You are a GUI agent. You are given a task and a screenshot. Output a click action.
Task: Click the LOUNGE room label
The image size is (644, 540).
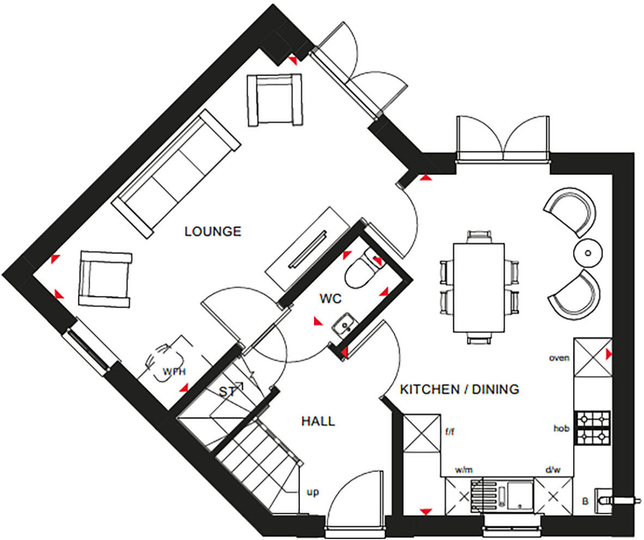[213, 231]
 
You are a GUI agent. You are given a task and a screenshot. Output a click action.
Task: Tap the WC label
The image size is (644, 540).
[330, 298]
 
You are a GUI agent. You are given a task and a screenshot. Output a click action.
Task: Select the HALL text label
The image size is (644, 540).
[318, 421]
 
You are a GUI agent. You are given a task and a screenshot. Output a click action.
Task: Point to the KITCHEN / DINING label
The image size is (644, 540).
[459, 389]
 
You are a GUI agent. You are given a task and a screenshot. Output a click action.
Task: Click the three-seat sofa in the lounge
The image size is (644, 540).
[176, 174]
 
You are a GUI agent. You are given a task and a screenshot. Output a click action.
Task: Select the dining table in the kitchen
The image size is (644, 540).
[479, 287]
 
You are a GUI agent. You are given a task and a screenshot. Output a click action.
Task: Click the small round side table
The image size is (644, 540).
[588, 253]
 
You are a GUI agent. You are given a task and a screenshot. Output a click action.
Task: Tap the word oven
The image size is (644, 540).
[559, 358]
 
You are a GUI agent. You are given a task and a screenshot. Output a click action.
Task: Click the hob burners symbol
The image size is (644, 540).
[593, 428]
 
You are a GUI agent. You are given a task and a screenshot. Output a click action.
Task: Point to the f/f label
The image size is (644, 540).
[450, 432]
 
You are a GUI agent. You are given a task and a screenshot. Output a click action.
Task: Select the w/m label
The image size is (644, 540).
[464, 470]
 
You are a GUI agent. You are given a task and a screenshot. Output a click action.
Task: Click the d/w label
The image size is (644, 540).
[553, 469]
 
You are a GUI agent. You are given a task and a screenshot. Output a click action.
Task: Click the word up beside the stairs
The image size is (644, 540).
[312, 492]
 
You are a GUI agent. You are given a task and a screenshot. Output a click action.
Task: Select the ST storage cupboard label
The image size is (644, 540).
[226, 392]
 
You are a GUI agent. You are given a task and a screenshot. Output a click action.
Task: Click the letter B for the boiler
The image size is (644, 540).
[585, 501]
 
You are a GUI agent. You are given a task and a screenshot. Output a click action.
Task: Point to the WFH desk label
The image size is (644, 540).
[174, 372]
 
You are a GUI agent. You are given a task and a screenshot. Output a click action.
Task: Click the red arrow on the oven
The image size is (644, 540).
[609, 353]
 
